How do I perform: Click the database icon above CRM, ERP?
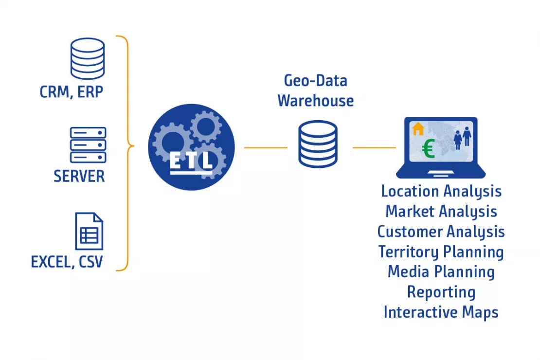coord(88,58)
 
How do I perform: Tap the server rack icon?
coord(88,144)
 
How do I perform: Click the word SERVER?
coord(79,176)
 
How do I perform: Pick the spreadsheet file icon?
coord(89,231)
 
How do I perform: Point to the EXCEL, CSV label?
coord(67,263)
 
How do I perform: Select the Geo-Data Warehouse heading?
coord(315,90)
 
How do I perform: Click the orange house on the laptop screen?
coord(418,129)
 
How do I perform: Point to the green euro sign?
coord(429,149)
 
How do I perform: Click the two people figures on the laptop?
coord(462,137)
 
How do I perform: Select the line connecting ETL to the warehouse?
coord(265,147)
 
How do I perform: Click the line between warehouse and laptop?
coord(374,147)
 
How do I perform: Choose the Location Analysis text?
coord(441,191)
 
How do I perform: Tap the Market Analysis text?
coord(441,212)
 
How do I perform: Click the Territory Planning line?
coord(441,252)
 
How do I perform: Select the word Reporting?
coord(441,292)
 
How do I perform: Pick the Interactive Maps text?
coord(441,312)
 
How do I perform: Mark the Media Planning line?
coord(441,272)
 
